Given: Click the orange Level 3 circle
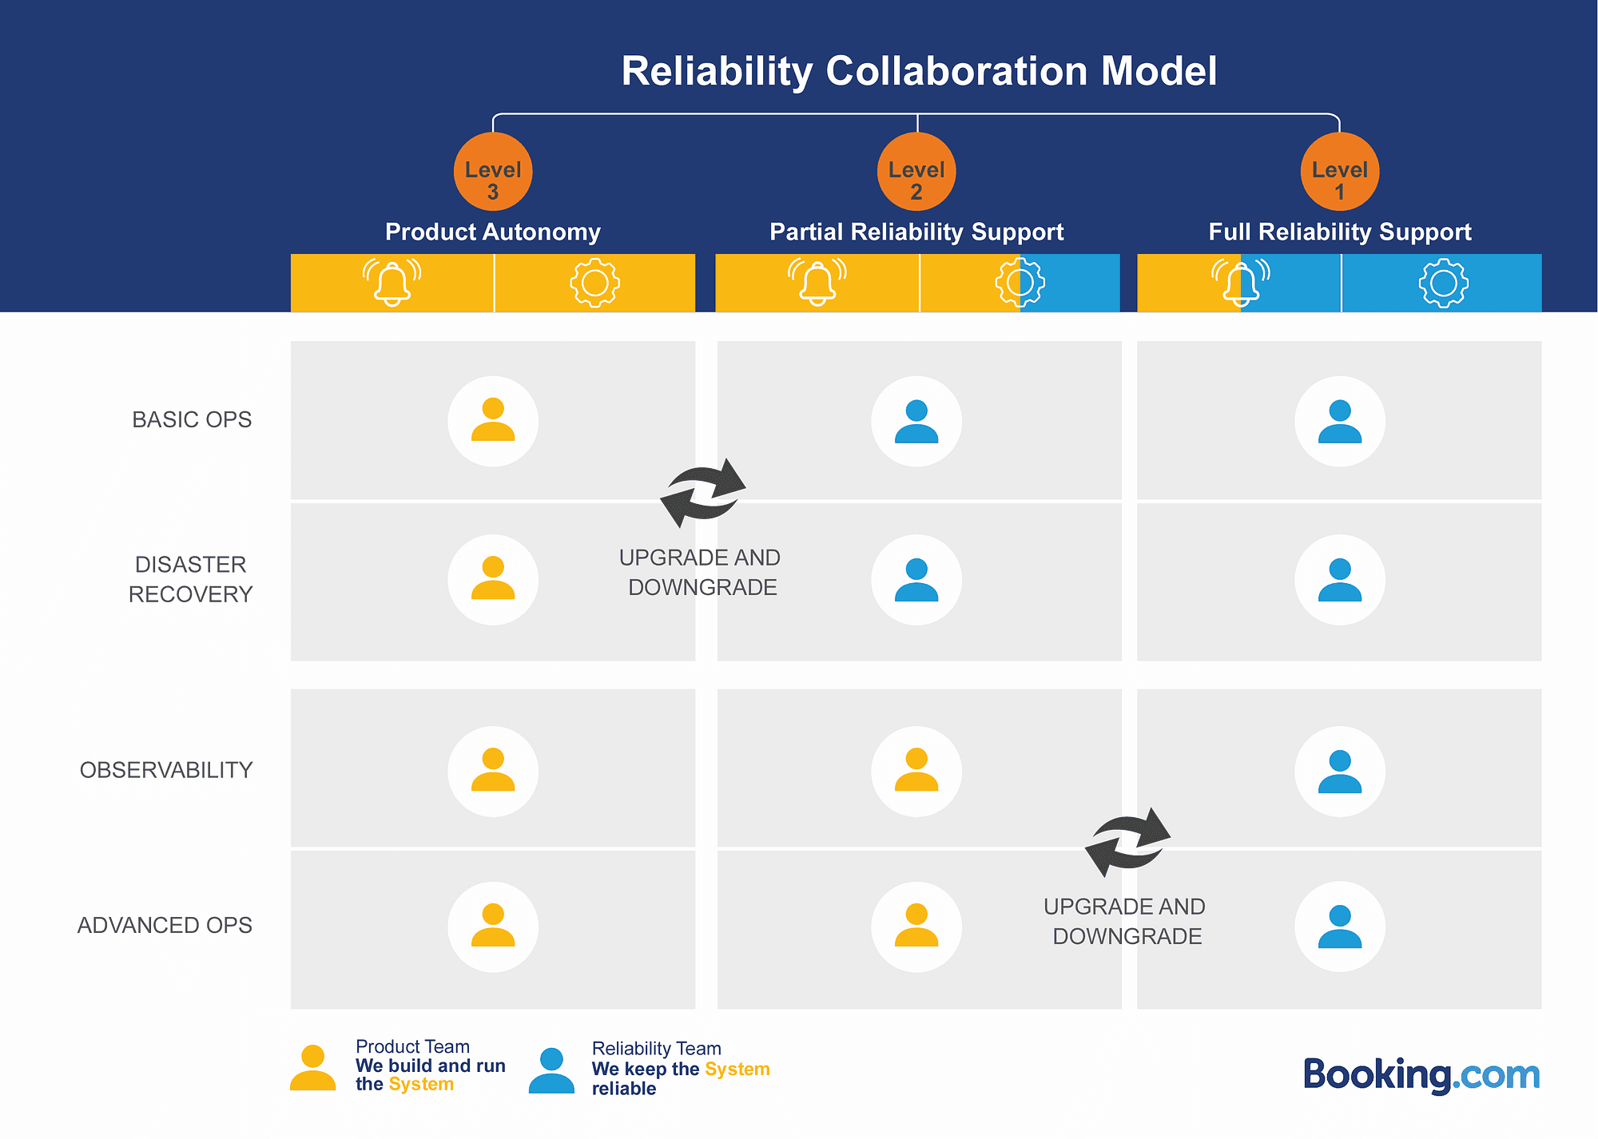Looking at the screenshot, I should [493, 172].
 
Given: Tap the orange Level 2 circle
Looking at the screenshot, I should [916, 172].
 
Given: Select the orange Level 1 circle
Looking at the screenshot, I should [1340, 172].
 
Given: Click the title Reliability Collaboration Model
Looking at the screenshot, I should [919, 71].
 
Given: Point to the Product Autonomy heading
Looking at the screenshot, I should [493, 232].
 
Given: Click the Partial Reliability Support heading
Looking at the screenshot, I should [916, 232].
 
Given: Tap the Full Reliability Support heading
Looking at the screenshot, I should [1340, 232].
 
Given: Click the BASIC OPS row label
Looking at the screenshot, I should [192, 419].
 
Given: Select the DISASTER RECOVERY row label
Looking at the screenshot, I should [190, 579].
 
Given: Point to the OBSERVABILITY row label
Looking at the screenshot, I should [166, 770].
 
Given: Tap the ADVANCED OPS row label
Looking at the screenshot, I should [165, 925].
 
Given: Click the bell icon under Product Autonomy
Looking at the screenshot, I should [392, 282].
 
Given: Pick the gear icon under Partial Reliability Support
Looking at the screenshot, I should [1020, 282].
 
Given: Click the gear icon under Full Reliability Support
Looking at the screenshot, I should [1443, 283].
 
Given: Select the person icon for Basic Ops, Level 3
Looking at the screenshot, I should [493, 421].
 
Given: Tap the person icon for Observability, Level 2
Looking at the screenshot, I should [916, 771].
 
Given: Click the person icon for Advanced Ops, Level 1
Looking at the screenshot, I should [1340, 927].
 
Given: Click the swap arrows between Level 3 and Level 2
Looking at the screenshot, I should [703, 493].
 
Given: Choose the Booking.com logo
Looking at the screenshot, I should [1421, 1075].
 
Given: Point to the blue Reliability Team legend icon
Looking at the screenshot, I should [551, 1071].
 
